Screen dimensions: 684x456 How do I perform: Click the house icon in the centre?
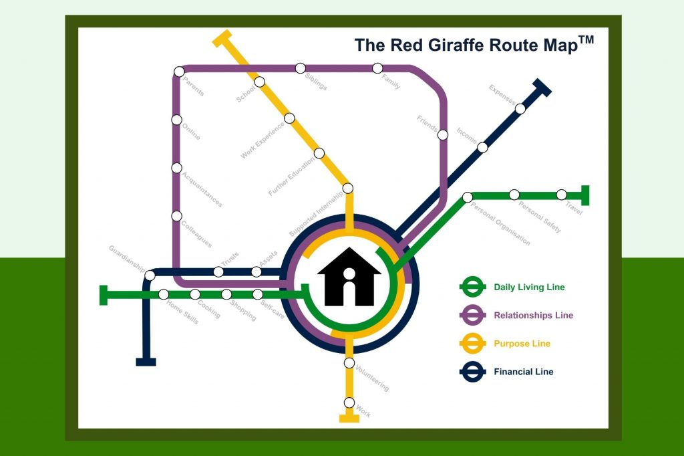[x=349, y=277]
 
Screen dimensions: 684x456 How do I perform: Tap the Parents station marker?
[x=178, y=72]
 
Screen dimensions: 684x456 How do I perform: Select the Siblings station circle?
[x=301, y=68]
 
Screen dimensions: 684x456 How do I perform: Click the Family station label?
[x=391, y=82]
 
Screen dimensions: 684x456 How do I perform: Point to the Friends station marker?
[x=442, y=135]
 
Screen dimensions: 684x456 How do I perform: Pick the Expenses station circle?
[x=520, y=108]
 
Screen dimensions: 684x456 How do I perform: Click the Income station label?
[x=467, y=135]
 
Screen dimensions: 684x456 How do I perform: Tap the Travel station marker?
[x=562, y=195]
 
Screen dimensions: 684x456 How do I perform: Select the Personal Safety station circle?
[x=514, y=195]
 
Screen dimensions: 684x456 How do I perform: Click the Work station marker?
[x=349, y=403]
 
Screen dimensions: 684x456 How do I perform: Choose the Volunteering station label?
[x=372, y=378]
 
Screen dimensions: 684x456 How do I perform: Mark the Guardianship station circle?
[x=150, y=275]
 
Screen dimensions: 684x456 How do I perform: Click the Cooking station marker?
[x=195, y=294]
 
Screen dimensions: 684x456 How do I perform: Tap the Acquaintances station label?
[x=202, y=190]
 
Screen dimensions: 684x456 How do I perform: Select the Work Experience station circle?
[x=289, y=118]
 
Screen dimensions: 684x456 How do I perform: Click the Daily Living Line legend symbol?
[x=472, y=288]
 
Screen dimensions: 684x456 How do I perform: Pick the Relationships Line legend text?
[x=533, y=316]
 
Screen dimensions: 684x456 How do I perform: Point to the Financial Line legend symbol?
[x=472, y=372]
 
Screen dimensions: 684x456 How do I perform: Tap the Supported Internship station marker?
[x=347, y=188]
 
